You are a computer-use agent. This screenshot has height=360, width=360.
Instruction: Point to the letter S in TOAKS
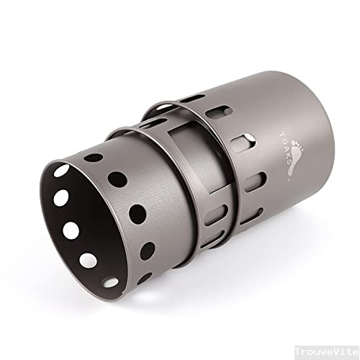(x=289, y=161)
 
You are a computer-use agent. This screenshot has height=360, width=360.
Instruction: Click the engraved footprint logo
(x=294, y=157)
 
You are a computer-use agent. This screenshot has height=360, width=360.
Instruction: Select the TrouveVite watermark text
(x=327, y=352)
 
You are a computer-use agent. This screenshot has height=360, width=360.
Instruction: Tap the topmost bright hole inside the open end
(x=61, y=171)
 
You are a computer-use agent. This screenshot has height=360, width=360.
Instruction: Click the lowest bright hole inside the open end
(x=111, y=282)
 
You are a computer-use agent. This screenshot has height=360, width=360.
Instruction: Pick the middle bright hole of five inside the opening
(x=71, y=230)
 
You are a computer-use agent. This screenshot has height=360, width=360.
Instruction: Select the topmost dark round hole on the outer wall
(x=94, y=158)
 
